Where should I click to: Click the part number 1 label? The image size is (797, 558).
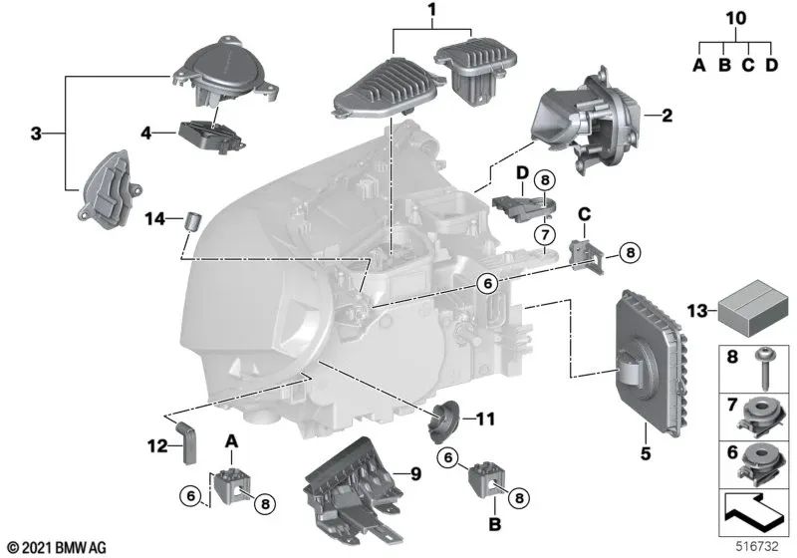(432, 10)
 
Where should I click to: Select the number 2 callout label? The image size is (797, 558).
(666, 116)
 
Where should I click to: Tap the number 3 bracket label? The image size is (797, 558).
(36, 134)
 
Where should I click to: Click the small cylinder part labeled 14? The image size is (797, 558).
(192, 220)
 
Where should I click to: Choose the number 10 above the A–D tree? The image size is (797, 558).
(736, 18)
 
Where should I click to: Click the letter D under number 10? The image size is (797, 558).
(771, 65)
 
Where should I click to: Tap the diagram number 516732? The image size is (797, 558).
(757, 546)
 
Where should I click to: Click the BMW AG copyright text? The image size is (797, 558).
(57, 547)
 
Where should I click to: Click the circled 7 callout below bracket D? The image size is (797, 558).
(545, 235)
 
